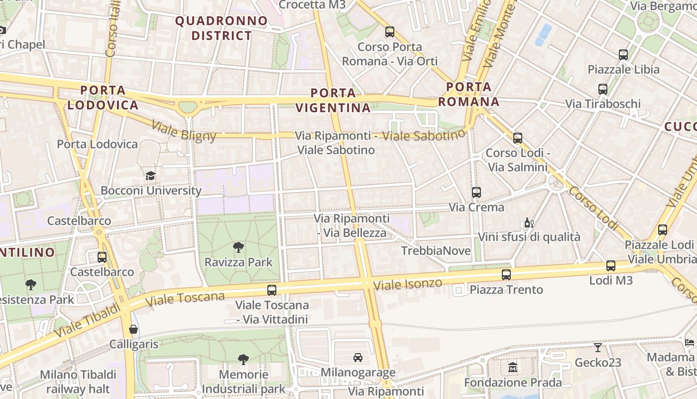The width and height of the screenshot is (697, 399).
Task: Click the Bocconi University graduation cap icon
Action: [x=150, y=176]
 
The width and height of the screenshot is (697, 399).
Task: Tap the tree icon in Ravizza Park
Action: [x=238, y=247]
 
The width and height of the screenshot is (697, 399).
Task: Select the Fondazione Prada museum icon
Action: [x=513, y=368]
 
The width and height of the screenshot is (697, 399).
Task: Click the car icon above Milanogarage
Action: [x=357, y=357]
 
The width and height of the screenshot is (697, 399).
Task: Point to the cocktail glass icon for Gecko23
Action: [x=597, y=347]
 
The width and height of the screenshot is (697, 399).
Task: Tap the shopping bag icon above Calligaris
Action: [x=133, y=329]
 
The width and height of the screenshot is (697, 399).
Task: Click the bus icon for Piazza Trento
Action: [x=506, y=274]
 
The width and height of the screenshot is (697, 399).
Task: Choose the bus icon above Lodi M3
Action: [x=611, y=266]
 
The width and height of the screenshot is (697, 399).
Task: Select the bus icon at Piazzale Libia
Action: [x=623, y=55]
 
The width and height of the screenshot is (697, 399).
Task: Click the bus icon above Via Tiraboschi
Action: [x=603, y=89]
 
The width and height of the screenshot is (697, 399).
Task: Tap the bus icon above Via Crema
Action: [x=476, y=192]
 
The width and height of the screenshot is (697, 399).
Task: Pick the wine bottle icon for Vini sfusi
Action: [x=529, y=222]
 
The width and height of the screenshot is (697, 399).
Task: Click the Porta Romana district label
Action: [x=472, y=94]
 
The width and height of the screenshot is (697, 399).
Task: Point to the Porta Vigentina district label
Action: [x=333, y=100]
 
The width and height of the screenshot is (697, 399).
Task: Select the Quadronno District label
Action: [x=222, y=28]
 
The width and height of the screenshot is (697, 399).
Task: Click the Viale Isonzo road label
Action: [x=408, y=284]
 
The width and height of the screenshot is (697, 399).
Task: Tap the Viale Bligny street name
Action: [x=184, y=132]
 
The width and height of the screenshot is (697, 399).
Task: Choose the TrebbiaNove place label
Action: [x=436, y=251]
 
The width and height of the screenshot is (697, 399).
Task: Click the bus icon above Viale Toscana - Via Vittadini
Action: [x=272, y=290]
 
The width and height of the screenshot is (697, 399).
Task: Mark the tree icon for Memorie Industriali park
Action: [x=243, y=359]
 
